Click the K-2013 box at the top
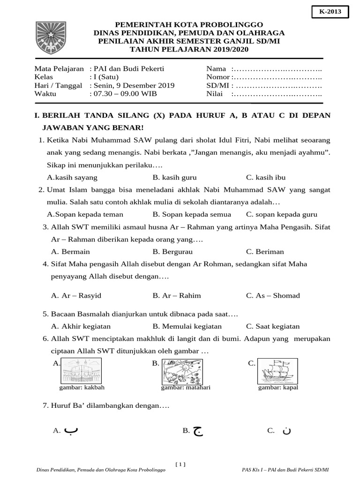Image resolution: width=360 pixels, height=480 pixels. pos(330,12)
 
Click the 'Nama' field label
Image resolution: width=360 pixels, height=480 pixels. pos(216,68)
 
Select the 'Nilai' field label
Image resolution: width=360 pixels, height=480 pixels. pos(216,94)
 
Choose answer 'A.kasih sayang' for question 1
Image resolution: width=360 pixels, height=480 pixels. pos(73,178)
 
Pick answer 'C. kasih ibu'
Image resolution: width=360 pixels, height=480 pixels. pos(266,178)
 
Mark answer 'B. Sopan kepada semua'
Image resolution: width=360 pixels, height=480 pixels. pos(192,214)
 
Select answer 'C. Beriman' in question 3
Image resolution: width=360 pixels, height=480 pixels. pos(265,251)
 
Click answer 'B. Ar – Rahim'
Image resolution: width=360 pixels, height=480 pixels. pos(177,295)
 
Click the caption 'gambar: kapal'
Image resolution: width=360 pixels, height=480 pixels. pos(277,388)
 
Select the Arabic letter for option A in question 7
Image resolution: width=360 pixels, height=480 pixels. pos(70,430)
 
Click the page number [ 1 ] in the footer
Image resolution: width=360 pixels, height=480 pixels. pos(180,465)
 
